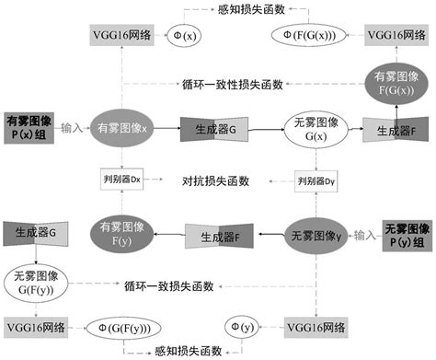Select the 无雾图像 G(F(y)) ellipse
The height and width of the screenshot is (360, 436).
point(35,282)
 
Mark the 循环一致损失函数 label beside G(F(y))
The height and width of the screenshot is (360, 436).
point(169,287)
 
